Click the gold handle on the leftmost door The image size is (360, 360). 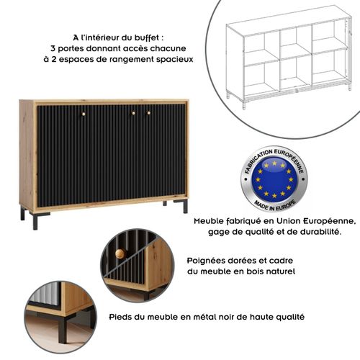pyautogui.click(x=83, y=113)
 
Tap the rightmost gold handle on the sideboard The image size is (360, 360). pyautogui.click(x=150, y=113)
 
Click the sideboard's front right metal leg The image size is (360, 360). pyautogui.click(x=185, y=206)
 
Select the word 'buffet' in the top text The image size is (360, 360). pyautogui.click(x=147, y=37)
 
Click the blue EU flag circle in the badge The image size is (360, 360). pyautogui.click(x=273, y=179)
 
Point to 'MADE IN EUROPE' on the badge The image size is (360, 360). pyautogui.click(x=273, y=204)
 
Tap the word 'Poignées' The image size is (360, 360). pyautogui.click(x=207, y=261)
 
